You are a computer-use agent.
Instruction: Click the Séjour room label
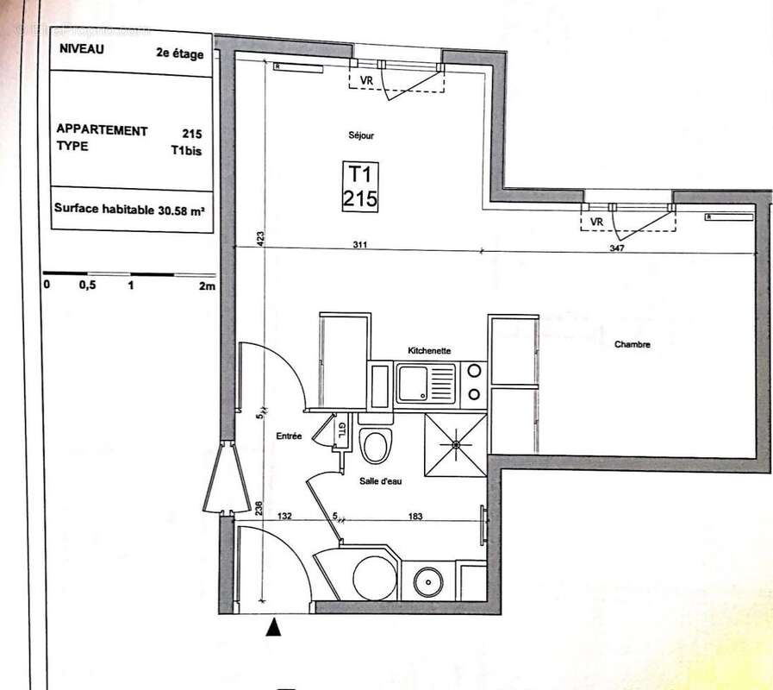361,135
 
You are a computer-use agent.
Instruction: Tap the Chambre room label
632,345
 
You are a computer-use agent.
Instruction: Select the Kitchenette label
429,350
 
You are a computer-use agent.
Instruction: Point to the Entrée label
289,436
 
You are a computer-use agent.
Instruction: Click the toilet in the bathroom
375,446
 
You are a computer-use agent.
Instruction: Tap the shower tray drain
455,444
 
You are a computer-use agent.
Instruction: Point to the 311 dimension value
359,246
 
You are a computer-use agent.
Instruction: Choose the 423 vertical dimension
259,236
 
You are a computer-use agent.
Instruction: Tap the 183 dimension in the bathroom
415,516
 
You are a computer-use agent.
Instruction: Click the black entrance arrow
274,628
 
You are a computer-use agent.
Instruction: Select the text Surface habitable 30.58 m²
129,208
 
